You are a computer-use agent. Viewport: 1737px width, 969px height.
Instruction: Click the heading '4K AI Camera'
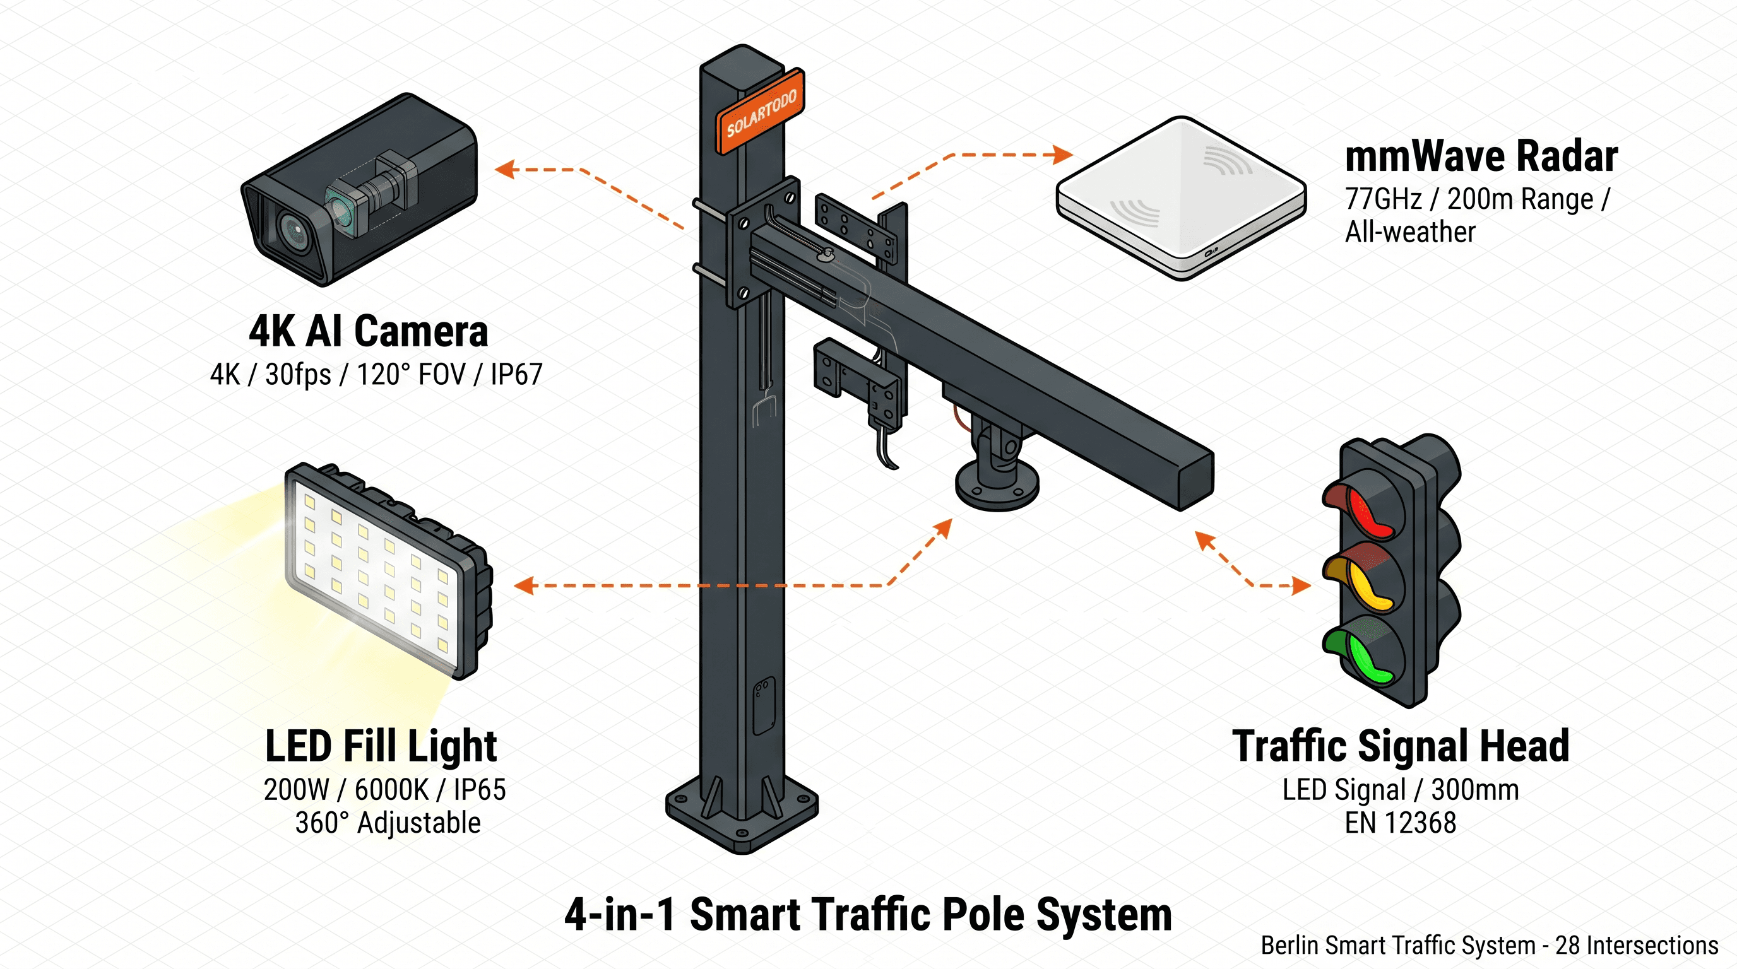click(368, 332)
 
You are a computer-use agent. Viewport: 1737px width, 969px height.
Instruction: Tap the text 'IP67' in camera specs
click(516, 375)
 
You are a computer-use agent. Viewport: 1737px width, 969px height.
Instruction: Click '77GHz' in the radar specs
click(1382, 199)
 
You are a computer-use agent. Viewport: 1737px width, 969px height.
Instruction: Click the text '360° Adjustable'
click(388, 823)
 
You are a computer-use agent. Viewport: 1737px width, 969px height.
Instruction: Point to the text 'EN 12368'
click(1401, 823)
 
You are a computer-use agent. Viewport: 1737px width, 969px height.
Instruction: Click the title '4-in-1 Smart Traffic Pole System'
click(868, 914)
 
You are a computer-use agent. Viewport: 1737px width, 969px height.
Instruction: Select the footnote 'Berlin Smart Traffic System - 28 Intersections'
click(1489, 946)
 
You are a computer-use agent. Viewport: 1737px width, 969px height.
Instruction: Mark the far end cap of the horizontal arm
click(1195, 481)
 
